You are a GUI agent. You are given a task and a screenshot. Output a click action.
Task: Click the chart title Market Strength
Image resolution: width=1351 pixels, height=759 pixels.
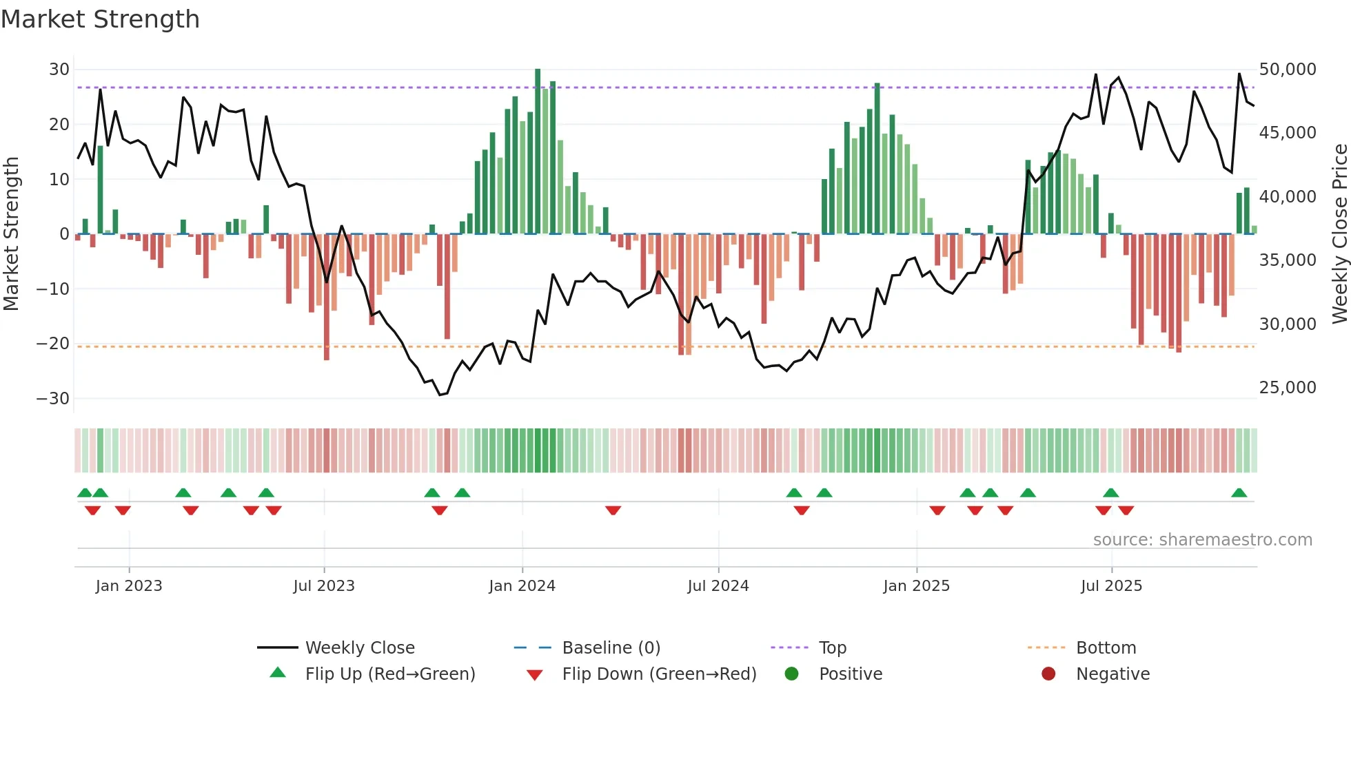(x=100, y=19)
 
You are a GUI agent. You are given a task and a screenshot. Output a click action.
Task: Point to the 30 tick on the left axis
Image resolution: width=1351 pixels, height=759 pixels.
(x=59, y=70)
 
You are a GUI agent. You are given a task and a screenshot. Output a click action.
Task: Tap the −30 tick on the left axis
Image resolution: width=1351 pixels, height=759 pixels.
(x=53, y=399)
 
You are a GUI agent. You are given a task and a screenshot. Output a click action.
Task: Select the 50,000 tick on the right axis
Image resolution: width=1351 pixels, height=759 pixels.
(x=1287, y=70)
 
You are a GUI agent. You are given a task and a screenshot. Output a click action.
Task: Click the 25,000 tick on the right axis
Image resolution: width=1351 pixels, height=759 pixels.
(x=1287, y=388)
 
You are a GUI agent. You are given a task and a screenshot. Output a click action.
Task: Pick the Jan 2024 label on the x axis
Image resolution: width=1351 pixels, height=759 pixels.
(x=522, y=586)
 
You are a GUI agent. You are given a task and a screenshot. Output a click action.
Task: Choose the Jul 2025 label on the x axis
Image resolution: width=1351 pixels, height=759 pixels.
(x=1111, y=586)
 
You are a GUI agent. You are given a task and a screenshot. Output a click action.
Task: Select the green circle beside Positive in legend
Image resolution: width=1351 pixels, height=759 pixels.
(x=791, y=674)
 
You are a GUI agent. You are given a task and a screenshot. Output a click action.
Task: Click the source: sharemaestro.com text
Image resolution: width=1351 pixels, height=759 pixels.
(x=1202, y=540)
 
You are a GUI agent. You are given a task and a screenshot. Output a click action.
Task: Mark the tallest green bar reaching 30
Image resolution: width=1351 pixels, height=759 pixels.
(x=538, y=152)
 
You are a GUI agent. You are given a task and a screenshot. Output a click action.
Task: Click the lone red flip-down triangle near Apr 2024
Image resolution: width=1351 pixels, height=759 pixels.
(x=613, y=510)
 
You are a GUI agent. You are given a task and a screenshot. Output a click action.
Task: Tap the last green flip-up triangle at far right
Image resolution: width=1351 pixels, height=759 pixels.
(x=1239, y=493)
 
